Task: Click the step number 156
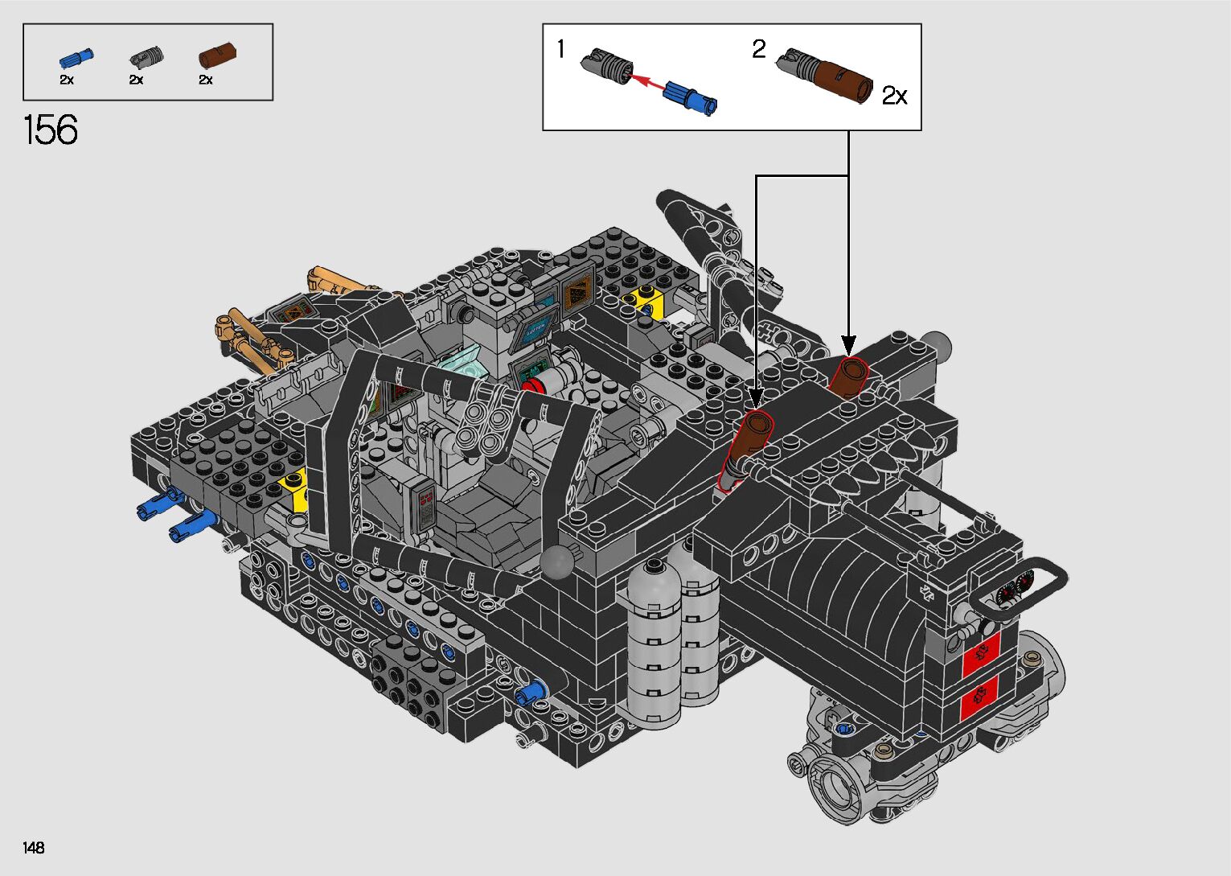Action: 51,130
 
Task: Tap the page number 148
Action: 34,847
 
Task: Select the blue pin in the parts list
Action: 76,58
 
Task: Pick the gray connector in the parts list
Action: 146,56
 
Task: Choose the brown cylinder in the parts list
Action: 217,55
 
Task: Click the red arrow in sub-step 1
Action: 646,83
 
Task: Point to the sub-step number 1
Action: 560,48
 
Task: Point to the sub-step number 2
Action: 759,48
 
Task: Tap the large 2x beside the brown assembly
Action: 894,96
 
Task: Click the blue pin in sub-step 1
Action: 689,97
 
